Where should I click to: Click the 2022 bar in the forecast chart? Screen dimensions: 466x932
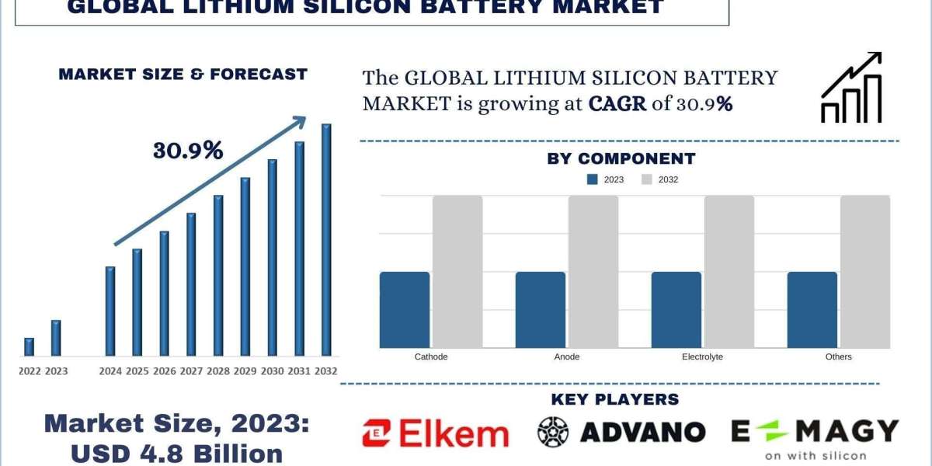(x=30, y=347)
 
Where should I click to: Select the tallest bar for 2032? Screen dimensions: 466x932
(x=326, y=240)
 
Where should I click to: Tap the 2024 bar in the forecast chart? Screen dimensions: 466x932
(x=110, y=311)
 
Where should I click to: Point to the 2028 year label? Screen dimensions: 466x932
(x=218, y=371)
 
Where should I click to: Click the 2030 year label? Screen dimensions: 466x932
(x=272, y=371)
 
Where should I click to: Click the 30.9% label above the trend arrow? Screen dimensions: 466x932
(x=188, y=151)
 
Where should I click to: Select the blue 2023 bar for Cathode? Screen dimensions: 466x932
(x=405, y=310)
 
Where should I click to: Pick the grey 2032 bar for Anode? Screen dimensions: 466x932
(x=593, y=272)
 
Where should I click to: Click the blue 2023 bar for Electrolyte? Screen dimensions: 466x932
(x=676, y=310)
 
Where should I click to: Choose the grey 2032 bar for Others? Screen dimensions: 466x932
(x=865, y=272)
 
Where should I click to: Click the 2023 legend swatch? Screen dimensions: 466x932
(x=593, y=179)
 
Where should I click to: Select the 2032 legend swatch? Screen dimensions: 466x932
(x=647, y=179)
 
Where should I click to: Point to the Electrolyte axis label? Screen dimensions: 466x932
(x=702, y=356)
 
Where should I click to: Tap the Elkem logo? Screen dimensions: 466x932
(x=435, y=433)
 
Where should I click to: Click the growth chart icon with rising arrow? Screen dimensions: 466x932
(x=851, y=88)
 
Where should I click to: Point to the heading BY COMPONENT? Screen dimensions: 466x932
(x=621, y=158)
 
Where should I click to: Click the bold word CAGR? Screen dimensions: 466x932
(x=617, y=103)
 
